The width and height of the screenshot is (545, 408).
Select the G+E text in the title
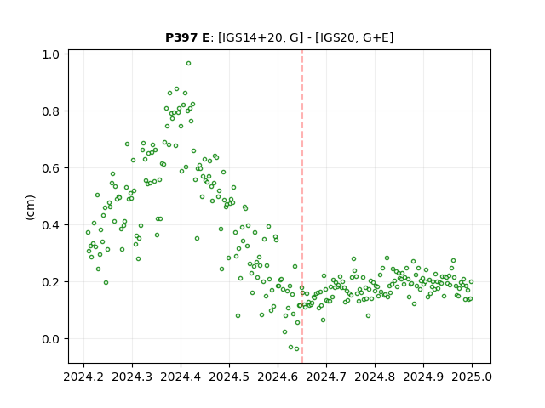pyautogui.click(x=376, y=37)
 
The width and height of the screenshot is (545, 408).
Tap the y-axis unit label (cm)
pyautogui.click(x=31, y=207)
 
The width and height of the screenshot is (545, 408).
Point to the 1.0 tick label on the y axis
pyautogui.click(x=50, y=54)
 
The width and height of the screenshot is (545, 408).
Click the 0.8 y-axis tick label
pyautogui.click(x=50, y=111)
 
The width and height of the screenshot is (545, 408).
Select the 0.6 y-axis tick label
pyautogui.click(x=50, y=168)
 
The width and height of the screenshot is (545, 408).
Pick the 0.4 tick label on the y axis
pyautogui.click(x=50, y=225)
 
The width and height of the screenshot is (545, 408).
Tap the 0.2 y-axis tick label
pyautogui.click(x=50, y=282)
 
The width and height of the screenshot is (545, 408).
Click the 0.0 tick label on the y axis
pyautogui.click(x=50, y=339)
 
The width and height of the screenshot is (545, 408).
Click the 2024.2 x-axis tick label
pyautogui.click(x=83, y=377)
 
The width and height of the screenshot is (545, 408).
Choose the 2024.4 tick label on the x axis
pyautogui.click(x=181, y=377)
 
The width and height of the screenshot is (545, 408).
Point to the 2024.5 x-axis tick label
pyautogui.click(x=229, y=377)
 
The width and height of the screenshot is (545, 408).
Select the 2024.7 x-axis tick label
pyautogui.click(x=326, y=377)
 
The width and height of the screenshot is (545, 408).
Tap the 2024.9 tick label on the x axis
pyautogui.click(x=423, y=377)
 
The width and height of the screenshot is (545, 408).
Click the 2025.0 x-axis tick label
pyautogui.click(x=472, y=377)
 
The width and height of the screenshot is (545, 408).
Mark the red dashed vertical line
pyautogui.click(x=302, y=207)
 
